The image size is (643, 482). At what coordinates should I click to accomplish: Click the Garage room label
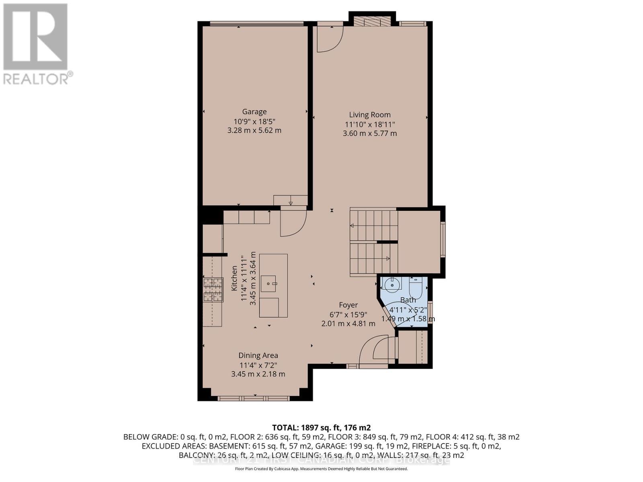[254, 112]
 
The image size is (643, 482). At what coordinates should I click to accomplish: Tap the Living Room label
[369, 115]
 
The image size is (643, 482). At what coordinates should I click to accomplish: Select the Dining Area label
[258, 355]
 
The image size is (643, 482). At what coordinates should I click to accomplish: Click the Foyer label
[348, 305]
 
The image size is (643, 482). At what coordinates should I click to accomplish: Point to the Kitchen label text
[234, 278]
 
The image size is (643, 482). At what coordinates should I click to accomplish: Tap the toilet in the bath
[415, 286]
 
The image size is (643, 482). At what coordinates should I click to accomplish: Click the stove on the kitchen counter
[213, 290]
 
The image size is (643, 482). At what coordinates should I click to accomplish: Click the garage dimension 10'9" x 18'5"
[254, 121]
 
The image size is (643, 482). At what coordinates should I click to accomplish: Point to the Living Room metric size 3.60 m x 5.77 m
[369, 133]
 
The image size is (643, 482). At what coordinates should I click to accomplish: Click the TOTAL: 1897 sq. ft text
[321, 427]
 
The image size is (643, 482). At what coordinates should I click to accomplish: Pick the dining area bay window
[254, 398]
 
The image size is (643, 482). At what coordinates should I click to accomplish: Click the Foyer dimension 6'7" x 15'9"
[348, 315]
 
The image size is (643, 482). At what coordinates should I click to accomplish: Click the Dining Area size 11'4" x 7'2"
[258, 365]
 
